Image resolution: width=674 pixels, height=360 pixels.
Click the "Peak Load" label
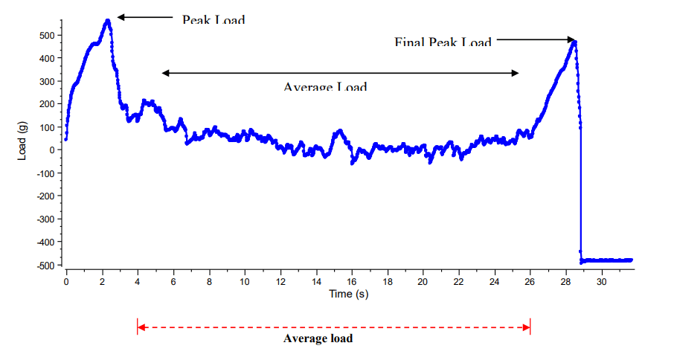[x=213, y=19]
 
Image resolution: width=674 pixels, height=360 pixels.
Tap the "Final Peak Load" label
[x=443, y=42]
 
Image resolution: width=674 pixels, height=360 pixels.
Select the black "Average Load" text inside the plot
[x=325, y=86]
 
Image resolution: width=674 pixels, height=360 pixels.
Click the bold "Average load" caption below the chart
[x=318, y=339]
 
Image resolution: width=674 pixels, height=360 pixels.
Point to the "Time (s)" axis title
[x=349, y=294]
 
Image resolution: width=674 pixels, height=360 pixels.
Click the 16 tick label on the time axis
[x=352, y=283]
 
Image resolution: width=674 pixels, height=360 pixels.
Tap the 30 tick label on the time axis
[x=603, y=283]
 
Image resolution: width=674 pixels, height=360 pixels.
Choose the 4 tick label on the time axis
[x=138, y=283]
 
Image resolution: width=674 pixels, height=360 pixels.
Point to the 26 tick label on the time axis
[x=530, y=283]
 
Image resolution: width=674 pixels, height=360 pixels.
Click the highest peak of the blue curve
[x=108, y=21]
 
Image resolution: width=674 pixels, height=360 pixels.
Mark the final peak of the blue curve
[x=574, y=42]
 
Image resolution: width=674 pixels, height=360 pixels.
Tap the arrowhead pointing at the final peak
[x=571, y=39]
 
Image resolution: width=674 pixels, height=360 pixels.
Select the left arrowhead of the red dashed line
[x=141, y=327]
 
